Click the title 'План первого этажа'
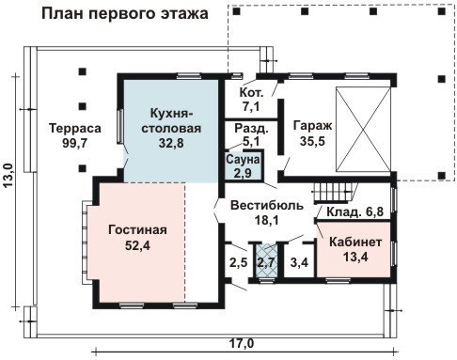click(125, 14)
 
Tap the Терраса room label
click(75, 129)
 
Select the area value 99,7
click(74, 143)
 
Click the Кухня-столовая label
click(171, 120)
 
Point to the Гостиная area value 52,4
click(137, 245)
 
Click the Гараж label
click(312, 126)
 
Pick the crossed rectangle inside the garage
click(363, 130)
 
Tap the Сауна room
click(244, 166)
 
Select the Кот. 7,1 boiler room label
click(251, 100)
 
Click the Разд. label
click(252, 129)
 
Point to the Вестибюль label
click(267, 206)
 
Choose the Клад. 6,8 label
click(355, 211)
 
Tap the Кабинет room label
click(355, 243)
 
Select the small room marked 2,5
click(238, 262)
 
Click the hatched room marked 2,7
click(266, 260)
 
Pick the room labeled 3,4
click(299, 262)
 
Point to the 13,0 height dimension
click(9, 176)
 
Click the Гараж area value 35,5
click(312, 141)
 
